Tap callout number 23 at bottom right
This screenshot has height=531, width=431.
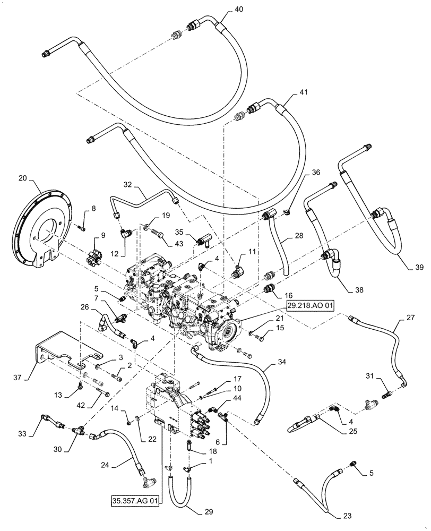pyautogui.click(x=332, y=514)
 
